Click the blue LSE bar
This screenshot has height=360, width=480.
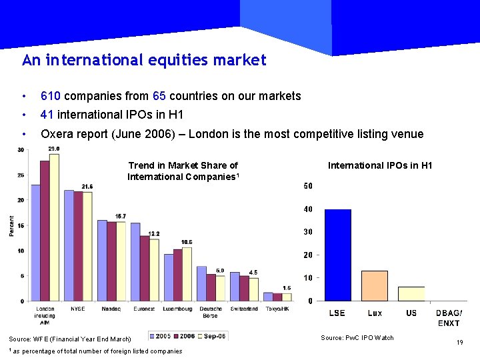pos(337,255)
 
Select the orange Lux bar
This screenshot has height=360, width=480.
pos(375,285)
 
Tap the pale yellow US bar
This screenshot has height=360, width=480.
pos(411,293)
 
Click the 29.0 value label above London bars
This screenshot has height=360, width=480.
pos(54,149)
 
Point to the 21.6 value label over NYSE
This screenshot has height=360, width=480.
pos(87,186)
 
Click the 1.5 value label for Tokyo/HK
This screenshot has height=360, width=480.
pos(287,287)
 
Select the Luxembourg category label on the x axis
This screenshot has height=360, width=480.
pos(177,309)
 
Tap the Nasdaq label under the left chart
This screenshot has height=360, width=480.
pos(111,309)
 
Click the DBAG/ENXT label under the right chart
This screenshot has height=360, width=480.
pos(449,318)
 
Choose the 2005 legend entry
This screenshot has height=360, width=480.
pos(162,336)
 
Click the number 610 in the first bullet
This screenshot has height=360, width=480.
pos(51,96)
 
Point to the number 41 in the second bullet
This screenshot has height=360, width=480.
pos(47,115)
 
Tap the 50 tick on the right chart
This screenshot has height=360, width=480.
pos(308,186)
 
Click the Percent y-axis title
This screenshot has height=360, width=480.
pos(11,225)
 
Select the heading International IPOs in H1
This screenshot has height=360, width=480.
pos(380,165)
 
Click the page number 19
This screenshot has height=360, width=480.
pos(459,343)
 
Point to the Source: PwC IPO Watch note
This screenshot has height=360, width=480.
pos(357,338)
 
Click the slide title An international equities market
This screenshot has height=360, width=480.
pos(144,61)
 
